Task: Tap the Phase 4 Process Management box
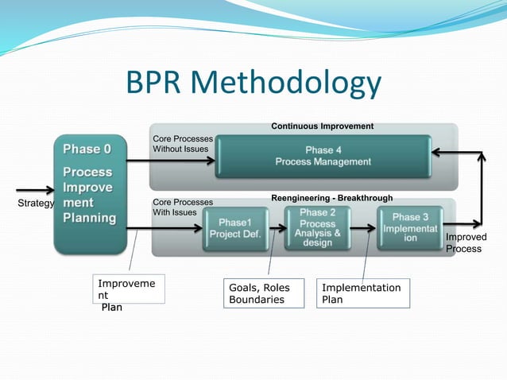tap(323, 156)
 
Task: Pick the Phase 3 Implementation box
tap(409, 227)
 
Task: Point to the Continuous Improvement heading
tap(322, 126)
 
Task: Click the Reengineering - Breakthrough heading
tap(331, 198)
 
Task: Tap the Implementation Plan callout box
tap(364, 293)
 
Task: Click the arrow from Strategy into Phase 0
tap(36, 191)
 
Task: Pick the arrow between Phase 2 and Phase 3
tap(364, 229)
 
